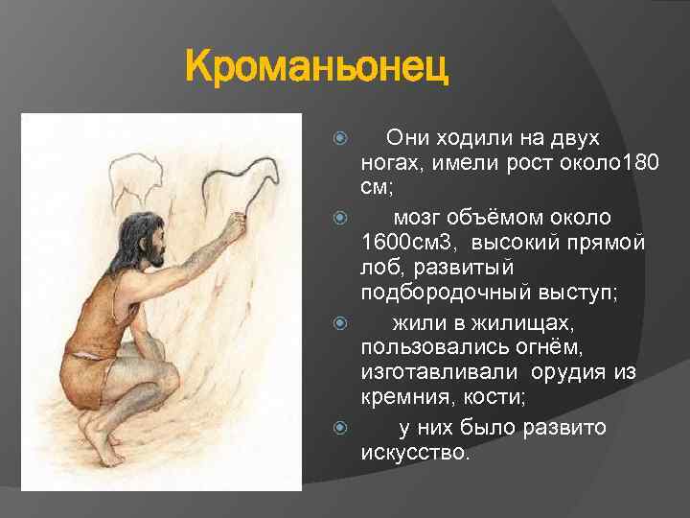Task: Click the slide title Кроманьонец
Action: [x=317, y=69]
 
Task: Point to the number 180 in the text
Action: [x=640, y=165]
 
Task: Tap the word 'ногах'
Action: [x=390, y=165]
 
